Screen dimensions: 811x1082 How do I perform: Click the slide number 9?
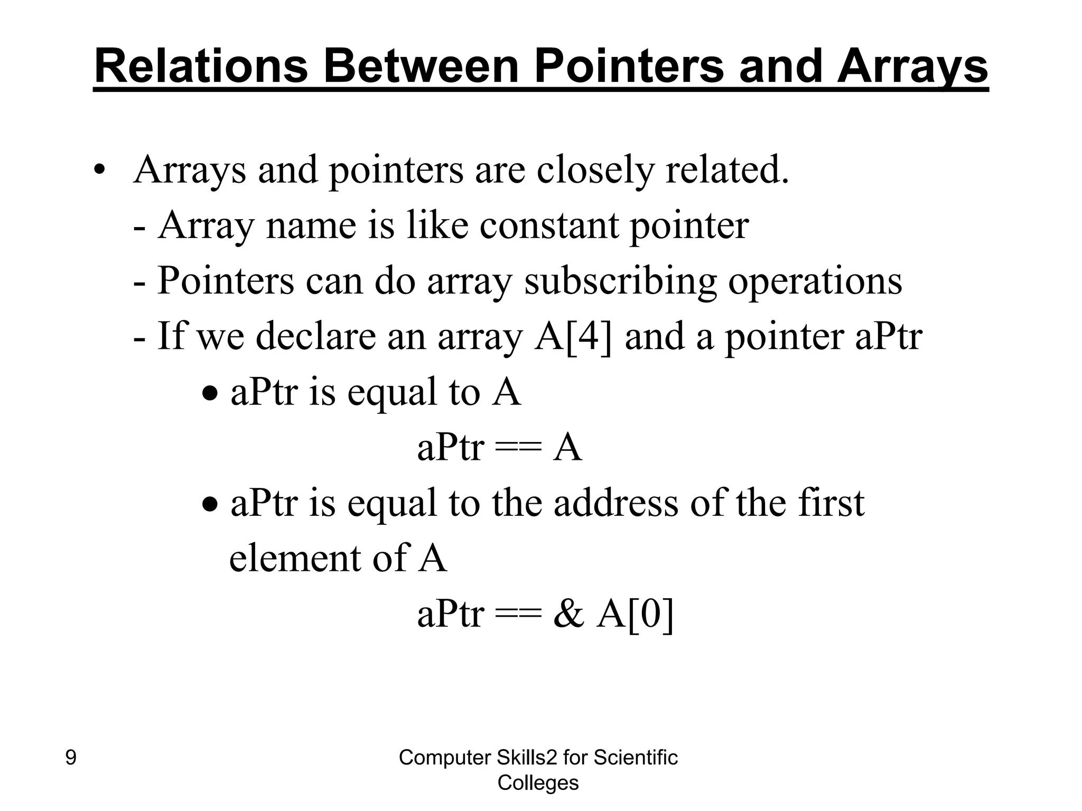(70, 758)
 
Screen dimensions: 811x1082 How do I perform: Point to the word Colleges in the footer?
(538, 782)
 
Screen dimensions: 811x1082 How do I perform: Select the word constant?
(548, 225)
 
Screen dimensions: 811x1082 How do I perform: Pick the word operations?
(815, 281)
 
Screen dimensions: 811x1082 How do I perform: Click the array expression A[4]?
(573, 337)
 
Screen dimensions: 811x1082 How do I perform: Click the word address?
(616, 503)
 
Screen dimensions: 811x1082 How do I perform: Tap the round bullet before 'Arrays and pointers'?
(99, 171)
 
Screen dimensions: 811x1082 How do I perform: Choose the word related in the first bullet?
(726, 170)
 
